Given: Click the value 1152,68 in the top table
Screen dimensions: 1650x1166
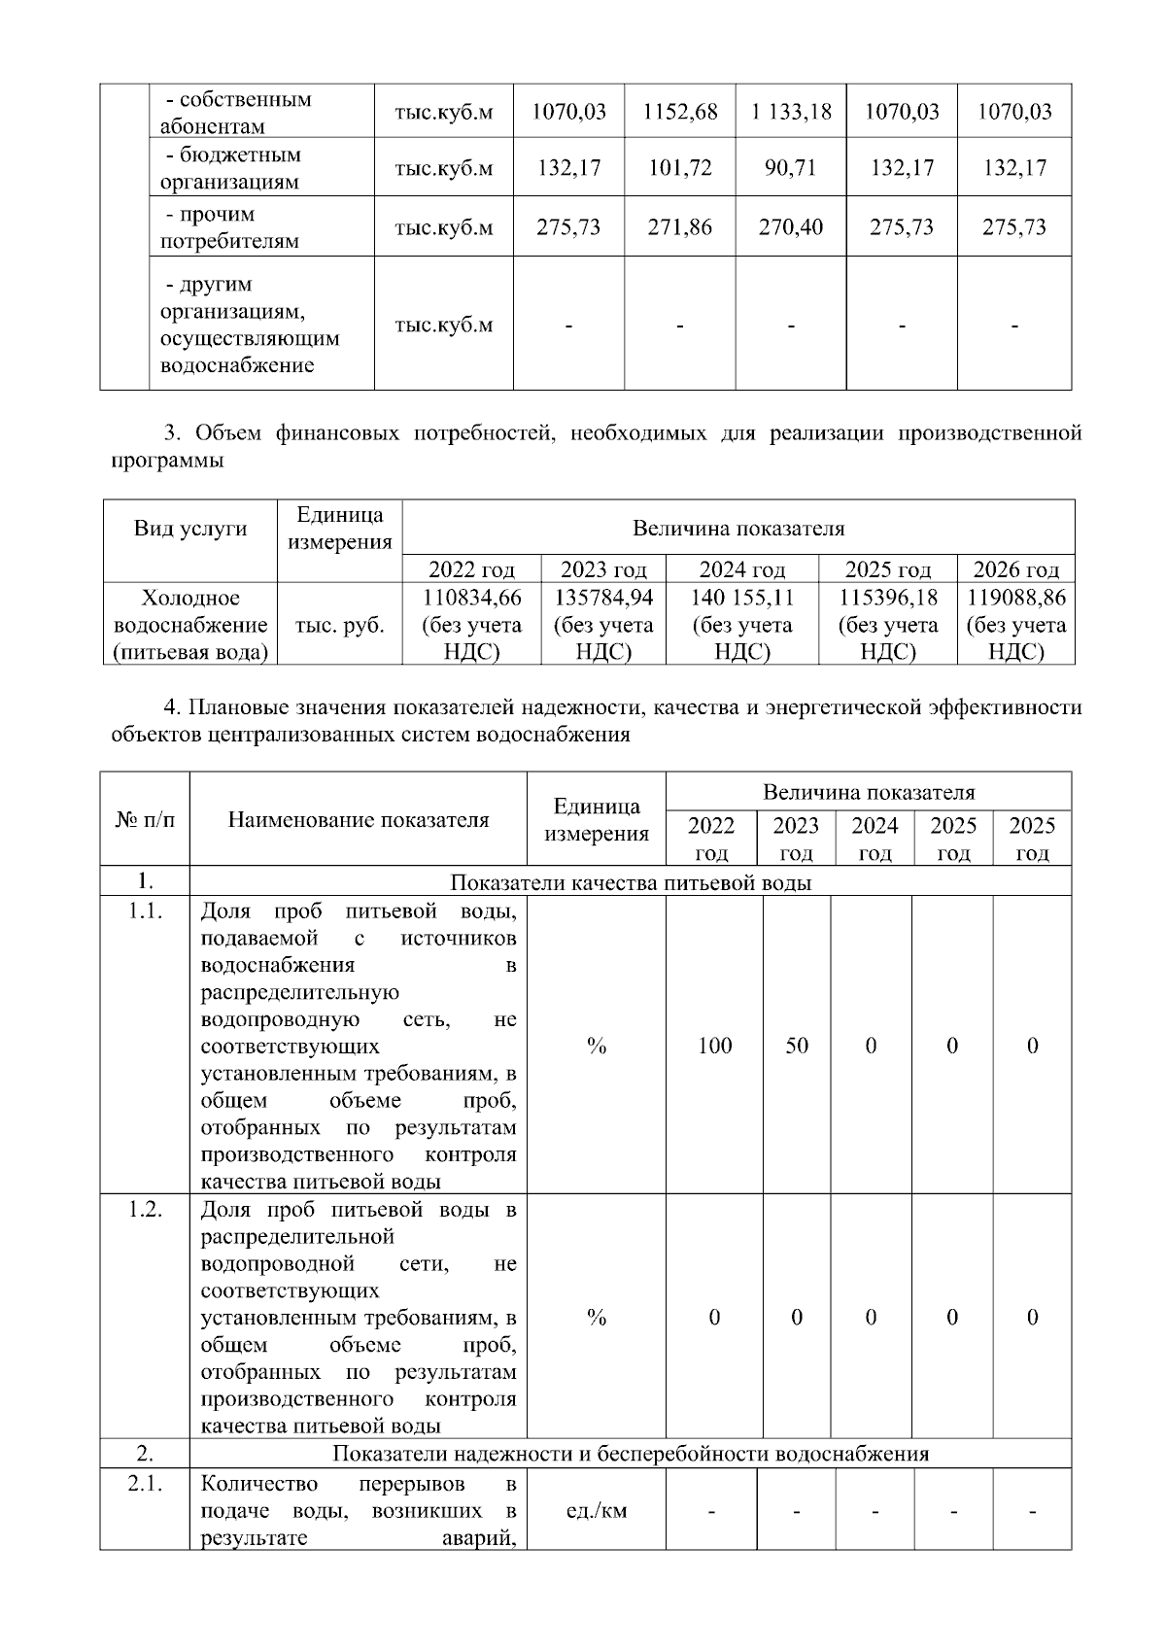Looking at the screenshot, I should click(680, 112).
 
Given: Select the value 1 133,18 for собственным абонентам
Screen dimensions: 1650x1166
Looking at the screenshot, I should click(791, 112).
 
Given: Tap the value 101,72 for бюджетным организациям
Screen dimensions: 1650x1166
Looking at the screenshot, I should click(680, 168).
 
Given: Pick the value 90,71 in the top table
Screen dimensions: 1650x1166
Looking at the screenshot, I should click(791, 168).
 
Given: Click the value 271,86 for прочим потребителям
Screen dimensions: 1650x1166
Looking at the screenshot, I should click(680, 227).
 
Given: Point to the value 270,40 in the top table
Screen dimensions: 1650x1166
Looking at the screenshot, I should click(791, 227).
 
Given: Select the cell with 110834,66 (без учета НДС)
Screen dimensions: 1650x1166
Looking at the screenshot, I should click(471, 625).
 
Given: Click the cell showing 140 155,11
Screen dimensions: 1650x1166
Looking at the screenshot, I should click(741, 625).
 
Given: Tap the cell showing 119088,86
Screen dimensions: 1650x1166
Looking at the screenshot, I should click(1015, 625).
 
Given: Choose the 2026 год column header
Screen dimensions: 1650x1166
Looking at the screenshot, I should click(1015, 569).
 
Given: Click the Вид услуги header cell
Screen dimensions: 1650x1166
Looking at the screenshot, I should click(190, 529).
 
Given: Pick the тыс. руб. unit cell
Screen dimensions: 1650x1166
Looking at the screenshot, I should click(339, 626).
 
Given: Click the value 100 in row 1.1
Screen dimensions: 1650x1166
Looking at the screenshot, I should click(715, 1046).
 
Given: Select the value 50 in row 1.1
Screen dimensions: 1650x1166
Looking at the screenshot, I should click(797, 1046).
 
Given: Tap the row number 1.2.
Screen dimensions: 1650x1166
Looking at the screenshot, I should click(145, 1210).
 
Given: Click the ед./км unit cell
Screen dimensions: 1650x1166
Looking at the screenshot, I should click(596, 1511).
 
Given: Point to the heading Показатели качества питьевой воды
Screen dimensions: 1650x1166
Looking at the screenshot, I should click(631, 882).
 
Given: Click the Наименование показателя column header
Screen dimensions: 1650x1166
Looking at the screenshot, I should click(358, 819).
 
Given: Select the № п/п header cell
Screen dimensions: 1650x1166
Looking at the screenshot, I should click(145, 819).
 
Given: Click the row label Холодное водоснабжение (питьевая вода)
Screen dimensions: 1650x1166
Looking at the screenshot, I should click(190, 625).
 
